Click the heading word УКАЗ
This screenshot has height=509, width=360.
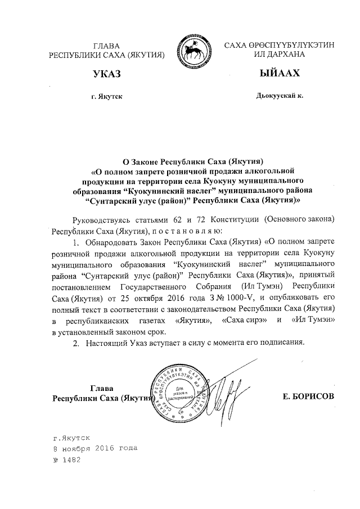coord(108,74)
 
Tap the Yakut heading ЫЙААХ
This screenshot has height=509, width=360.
coord(273,74)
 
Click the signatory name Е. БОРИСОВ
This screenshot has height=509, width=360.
coord(309,397)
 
